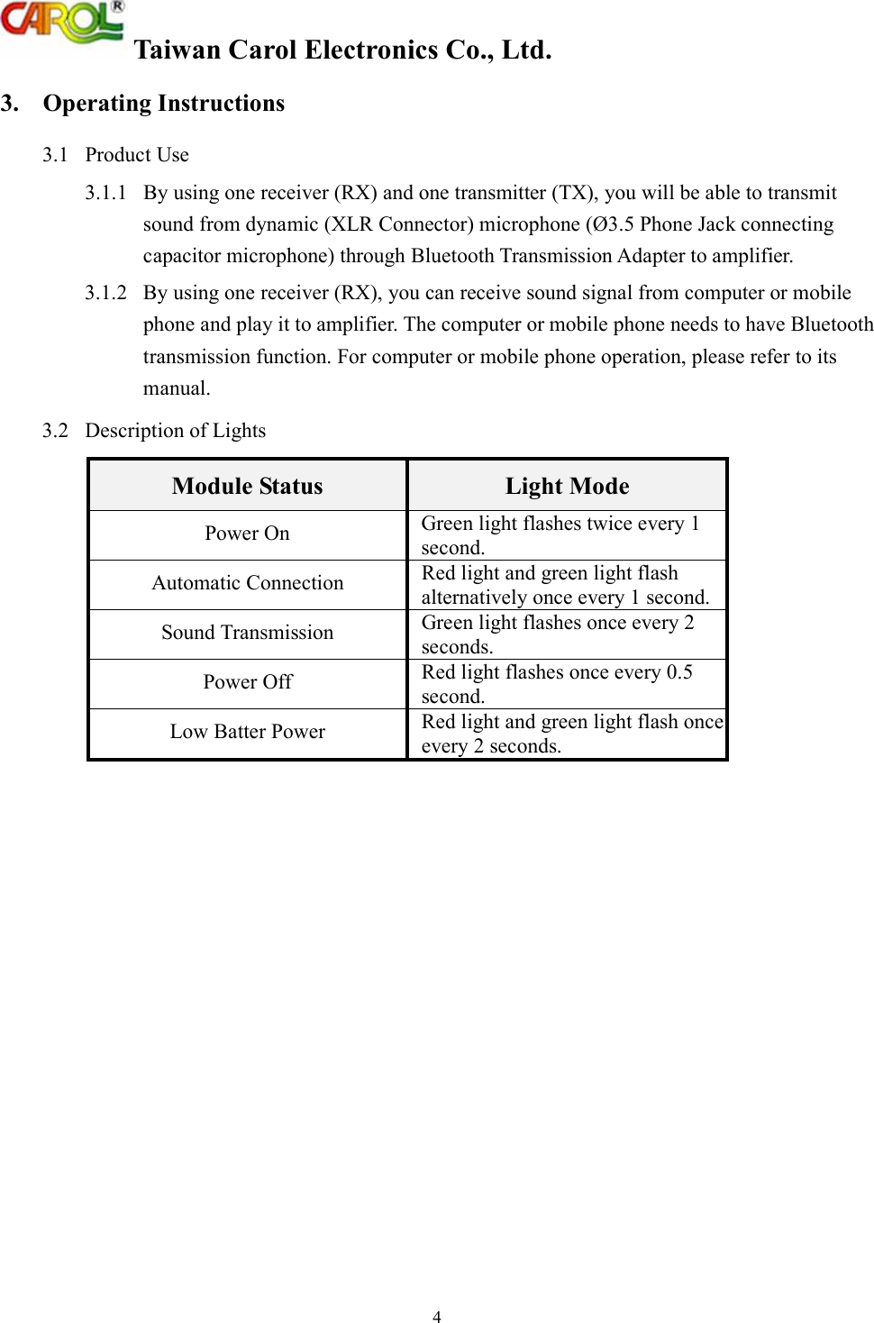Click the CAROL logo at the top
click(x=61, y=23)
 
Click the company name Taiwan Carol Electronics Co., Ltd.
click(x=342, y=50)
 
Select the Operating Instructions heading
click(x=163, y=104)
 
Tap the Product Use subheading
click(x=137, y=155)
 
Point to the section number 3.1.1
click(x=105, y=193)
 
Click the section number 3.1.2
click(x=105, y=293)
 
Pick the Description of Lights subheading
click(x=175, y=431)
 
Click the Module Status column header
click(x=247, y=487)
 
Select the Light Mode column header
click(x=567, y=487)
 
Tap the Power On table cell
click(x=247, y=534)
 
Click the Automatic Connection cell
click(x=247, y=583)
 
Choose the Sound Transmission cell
click(x=247, y=633)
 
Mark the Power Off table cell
click(x=247, y=682)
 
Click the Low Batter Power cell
click(x=247, y=732)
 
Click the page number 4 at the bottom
click(x=437, y=1317)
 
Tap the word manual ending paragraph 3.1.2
click(x=177, y=388)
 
